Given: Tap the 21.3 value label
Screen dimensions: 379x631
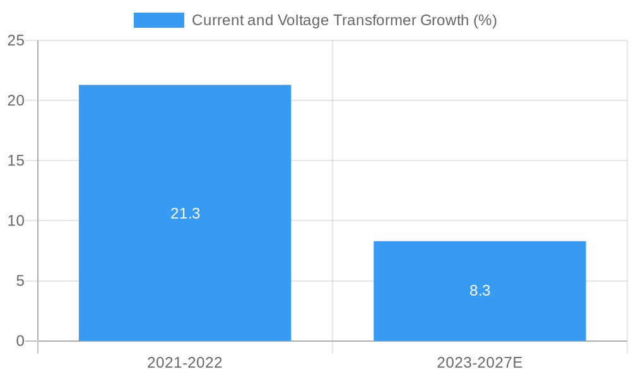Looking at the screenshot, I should (185, 214).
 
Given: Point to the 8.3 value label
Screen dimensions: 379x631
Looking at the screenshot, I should (480, 291).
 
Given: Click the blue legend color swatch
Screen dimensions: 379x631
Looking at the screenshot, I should (158, 20).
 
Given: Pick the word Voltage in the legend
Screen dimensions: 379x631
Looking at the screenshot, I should (303, 20).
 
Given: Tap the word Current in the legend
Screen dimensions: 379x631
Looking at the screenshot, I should (215, 20).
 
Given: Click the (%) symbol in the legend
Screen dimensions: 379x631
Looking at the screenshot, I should (485, 20).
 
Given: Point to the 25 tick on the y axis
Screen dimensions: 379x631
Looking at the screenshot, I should (16, 40).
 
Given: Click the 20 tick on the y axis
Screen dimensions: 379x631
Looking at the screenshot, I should (16, 100).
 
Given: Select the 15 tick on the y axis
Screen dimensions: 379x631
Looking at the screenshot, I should (16, 160).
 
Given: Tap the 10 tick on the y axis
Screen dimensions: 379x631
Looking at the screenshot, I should (16, 220).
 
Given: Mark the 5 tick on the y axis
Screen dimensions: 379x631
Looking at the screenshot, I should (20, 280).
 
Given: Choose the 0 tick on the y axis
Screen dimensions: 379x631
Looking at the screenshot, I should (20, 341).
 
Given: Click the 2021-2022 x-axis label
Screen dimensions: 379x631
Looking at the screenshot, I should (185, 363).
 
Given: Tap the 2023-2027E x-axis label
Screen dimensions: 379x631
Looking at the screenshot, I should (480, 363).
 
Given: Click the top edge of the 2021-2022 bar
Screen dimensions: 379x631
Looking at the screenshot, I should (185, 85).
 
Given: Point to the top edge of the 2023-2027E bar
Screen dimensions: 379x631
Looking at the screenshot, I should (480, 241).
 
